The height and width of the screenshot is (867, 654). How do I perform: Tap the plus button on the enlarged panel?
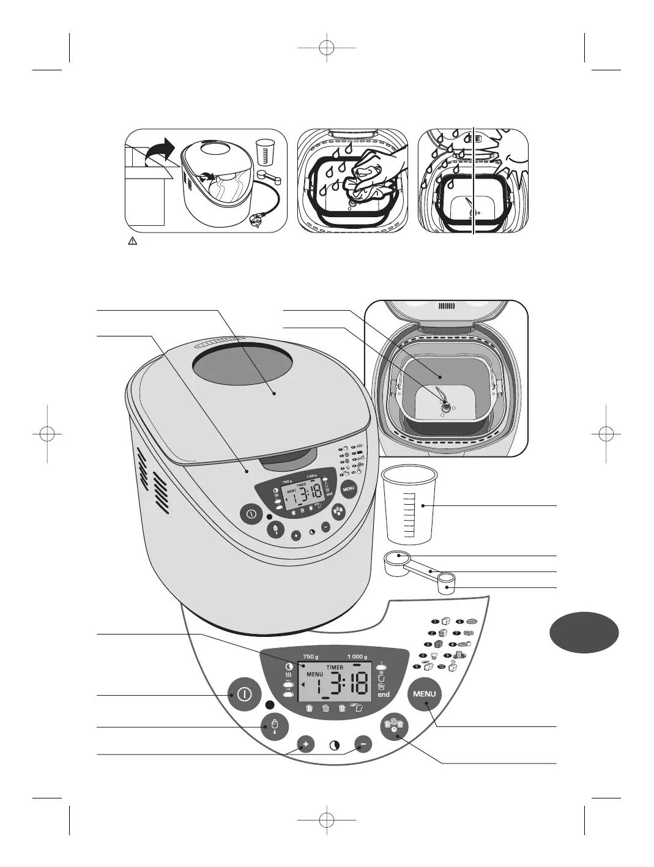(x=307, y=745)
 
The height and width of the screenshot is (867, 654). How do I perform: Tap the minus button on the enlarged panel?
(x=363, y=745)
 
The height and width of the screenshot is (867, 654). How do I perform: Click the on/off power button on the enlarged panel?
(x=243, y=694)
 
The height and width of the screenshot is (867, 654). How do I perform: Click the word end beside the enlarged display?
(x=384, y=695)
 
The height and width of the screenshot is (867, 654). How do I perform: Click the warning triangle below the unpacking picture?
(x=132, y=242)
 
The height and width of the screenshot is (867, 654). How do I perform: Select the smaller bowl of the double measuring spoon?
(x=448, y=582)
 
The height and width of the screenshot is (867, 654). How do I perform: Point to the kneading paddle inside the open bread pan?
(x=445, y=399)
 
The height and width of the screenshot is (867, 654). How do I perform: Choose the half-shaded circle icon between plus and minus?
(x=335, y=746)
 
